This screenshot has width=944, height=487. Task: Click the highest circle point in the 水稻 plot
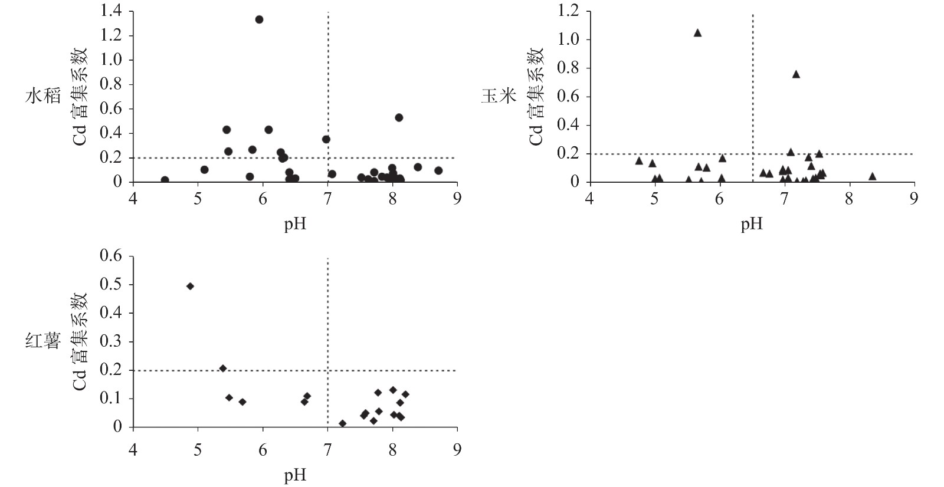[x=259, y=19]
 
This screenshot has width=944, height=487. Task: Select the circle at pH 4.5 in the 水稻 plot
[x=165, y=180]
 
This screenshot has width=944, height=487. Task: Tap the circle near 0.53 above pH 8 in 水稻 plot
[x=399, y=117]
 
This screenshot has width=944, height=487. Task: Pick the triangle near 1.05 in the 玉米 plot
[x=697, y=33]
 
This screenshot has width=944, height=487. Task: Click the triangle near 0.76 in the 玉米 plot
[x=796, y=74]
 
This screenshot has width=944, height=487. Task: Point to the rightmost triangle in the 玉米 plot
[x=872, y=176]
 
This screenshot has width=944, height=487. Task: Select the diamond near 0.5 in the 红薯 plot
[x=190, y=286]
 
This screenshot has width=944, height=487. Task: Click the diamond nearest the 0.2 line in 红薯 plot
[x=223, y=368]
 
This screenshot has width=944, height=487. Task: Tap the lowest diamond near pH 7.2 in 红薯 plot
[x=343, y=423]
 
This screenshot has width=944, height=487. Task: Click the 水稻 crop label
[x=43, y=96]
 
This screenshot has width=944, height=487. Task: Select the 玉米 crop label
[x=499, y=96]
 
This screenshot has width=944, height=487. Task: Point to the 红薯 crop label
[x=43, y=341]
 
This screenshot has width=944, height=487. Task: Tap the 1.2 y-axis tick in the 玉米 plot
[x=568, y=11]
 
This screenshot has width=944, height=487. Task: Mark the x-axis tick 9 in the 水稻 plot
[x=457, y=199]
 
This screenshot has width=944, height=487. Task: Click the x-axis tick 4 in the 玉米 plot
[x=589, y=199]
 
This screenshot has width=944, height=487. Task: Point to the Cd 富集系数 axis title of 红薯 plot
[x=80, y=341]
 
